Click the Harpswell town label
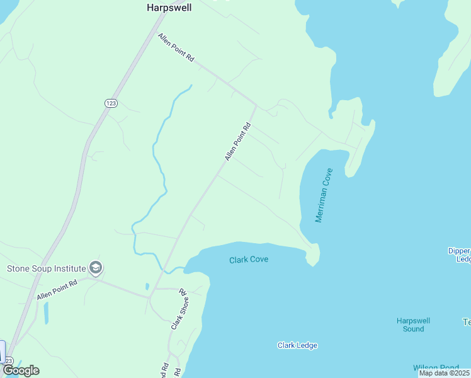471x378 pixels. pyautogui.click(x=168, y=8)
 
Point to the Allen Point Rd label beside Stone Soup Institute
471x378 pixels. pyautogui.click(x=57, y=289)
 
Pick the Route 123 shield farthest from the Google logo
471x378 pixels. pyautogui.click(x=111, y=103)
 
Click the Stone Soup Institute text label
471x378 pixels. pyautogui.click(x=46, y=268)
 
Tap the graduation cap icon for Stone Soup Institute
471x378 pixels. pyautogui.click(x=96, y=268)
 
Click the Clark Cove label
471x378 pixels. pyautogui.click(x=249, y=260)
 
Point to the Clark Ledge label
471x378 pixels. pyautogui.click(x=297, y=345)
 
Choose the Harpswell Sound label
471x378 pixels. pyautogui.click(x=413, y=324)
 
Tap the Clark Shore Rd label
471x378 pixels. pyautogui.click(x=179, y=309)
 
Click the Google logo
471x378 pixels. pyautogui.click(x=21, y=370)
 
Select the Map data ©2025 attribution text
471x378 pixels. pyautogui.click(x=444, y=373)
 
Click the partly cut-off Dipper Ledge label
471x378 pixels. pyautogui.click(x=459, y=255)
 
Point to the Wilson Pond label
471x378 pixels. pyautogui.click(x=435, y=368)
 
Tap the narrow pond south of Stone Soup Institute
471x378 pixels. pyautogui.click(x=46, y=312)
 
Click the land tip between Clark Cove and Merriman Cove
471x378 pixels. pyautogui.click(x=313, y=257)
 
